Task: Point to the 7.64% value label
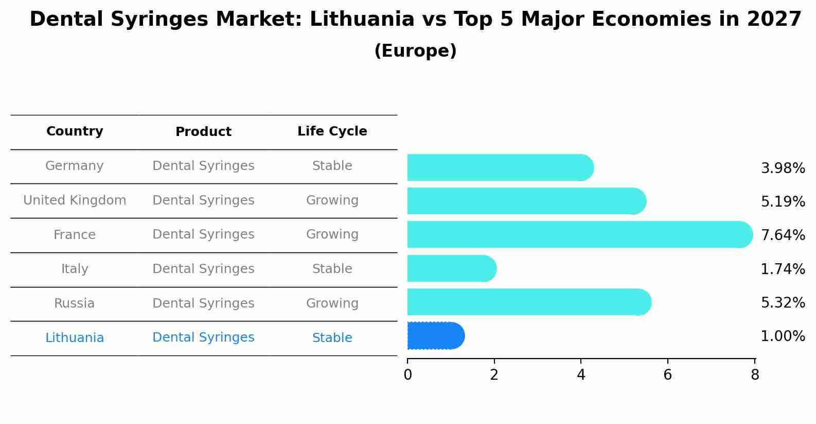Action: pyautogui.click(x=783, y=235)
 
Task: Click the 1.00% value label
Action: pyautogui.click(x=783, y=336)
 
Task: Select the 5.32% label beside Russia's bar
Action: pyautogui.click(x=783, y=303)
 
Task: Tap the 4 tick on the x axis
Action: pyautogui.click(x=581, y=375)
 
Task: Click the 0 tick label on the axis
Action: pyautogui.click(x=407, y=375)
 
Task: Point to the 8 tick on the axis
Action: pyautogui.click(x=755, y=375)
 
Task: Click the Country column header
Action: pyautogui.click(x=75, y=131)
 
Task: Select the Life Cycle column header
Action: pyautogui.click(x=332, y=131)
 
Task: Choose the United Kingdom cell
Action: pyautogui.click(x=75, y=200)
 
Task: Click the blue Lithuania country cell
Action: pyautogui.click(x=75, y=338)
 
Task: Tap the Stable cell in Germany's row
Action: pyautogui.click(x=332, y=166)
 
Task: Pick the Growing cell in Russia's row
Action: pyautogui.click(x=332, y=303)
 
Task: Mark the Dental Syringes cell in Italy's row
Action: pyautogui.click(x=203, y=269)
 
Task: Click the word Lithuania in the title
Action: pyautogui.click(x=362, y=20)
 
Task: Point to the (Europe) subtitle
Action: pyautogui.click(x=415, y=51)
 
